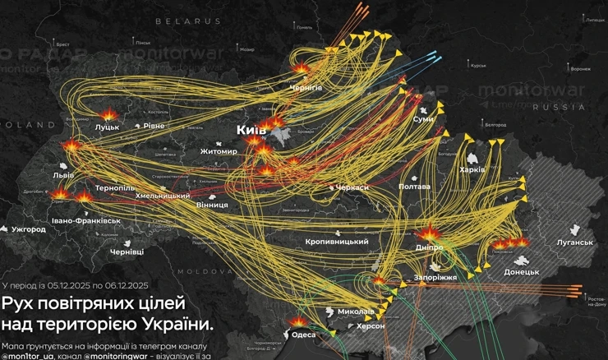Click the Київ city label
click(x=251, y=131)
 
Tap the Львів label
click(x=63, y=175)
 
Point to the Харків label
click(x=472, y=169)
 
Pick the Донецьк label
click(x=521, y=271)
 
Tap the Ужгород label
click(x=29, y=229)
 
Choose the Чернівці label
click(x=127, y=252)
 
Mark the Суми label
click(x=423, y=120)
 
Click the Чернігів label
click(x=306, y=87)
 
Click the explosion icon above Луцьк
click(x=108, y=115)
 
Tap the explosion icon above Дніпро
click(x=430, y=233)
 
